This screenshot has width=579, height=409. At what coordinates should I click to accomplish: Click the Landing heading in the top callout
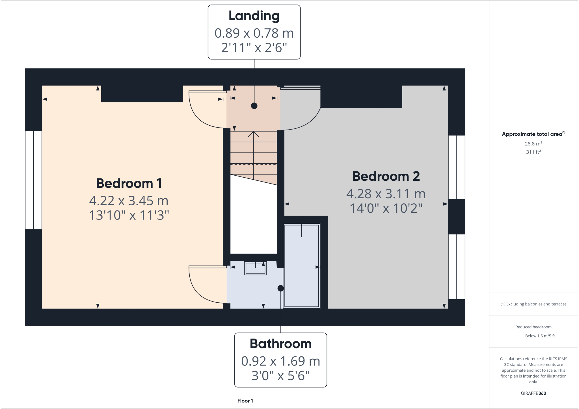click(254, 16)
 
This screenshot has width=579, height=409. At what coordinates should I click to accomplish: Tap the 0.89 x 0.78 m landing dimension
click(254, 33)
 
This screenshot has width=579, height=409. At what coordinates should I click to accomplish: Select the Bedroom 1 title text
click(129, 183)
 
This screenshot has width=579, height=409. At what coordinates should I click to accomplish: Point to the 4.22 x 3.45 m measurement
click(129, 201)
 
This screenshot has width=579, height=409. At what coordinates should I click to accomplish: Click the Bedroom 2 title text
click(386, 176)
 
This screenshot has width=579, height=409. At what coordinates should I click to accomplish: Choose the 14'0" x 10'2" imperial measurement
click(386, 208)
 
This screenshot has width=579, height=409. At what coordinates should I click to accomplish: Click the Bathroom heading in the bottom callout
click(280, 344)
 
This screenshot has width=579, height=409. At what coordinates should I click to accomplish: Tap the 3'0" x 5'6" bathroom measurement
click(280, 376)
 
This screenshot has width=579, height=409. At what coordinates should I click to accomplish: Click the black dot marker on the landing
click(254, 106)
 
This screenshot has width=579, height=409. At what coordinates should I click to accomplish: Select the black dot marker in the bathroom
click(280, 288)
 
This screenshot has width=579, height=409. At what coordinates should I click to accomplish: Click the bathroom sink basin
click(255, 268)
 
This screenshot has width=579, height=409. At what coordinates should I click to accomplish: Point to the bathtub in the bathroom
click(302, 266)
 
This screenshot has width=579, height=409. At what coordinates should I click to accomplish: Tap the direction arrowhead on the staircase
click(254, 134)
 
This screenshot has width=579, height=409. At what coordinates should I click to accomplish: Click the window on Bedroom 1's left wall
click(34, 180)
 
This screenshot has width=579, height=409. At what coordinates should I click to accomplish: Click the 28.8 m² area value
click(533, 144)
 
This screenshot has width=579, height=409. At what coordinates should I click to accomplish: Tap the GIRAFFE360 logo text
click(533, 393)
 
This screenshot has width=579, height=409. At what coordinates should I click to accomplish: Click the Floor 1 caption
click(245, 401)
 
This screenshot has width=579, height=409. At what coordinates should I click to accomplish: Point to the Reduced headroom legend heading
click(533, 327)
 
